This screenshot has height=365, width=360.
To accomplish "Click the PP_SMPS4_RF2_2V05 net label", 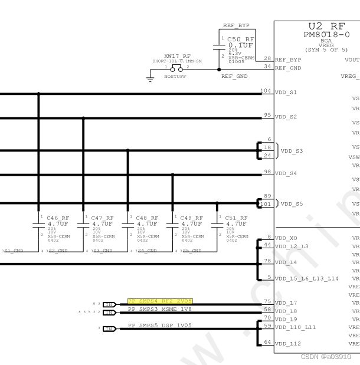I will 159,301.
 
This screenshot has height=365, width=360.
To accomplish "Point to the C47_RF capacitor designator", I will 103,218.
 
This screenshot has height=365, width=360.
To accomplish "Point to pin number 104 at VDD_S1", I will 266,91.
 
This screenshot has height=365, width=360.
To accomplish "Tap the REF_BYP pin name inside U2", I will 289,60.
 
